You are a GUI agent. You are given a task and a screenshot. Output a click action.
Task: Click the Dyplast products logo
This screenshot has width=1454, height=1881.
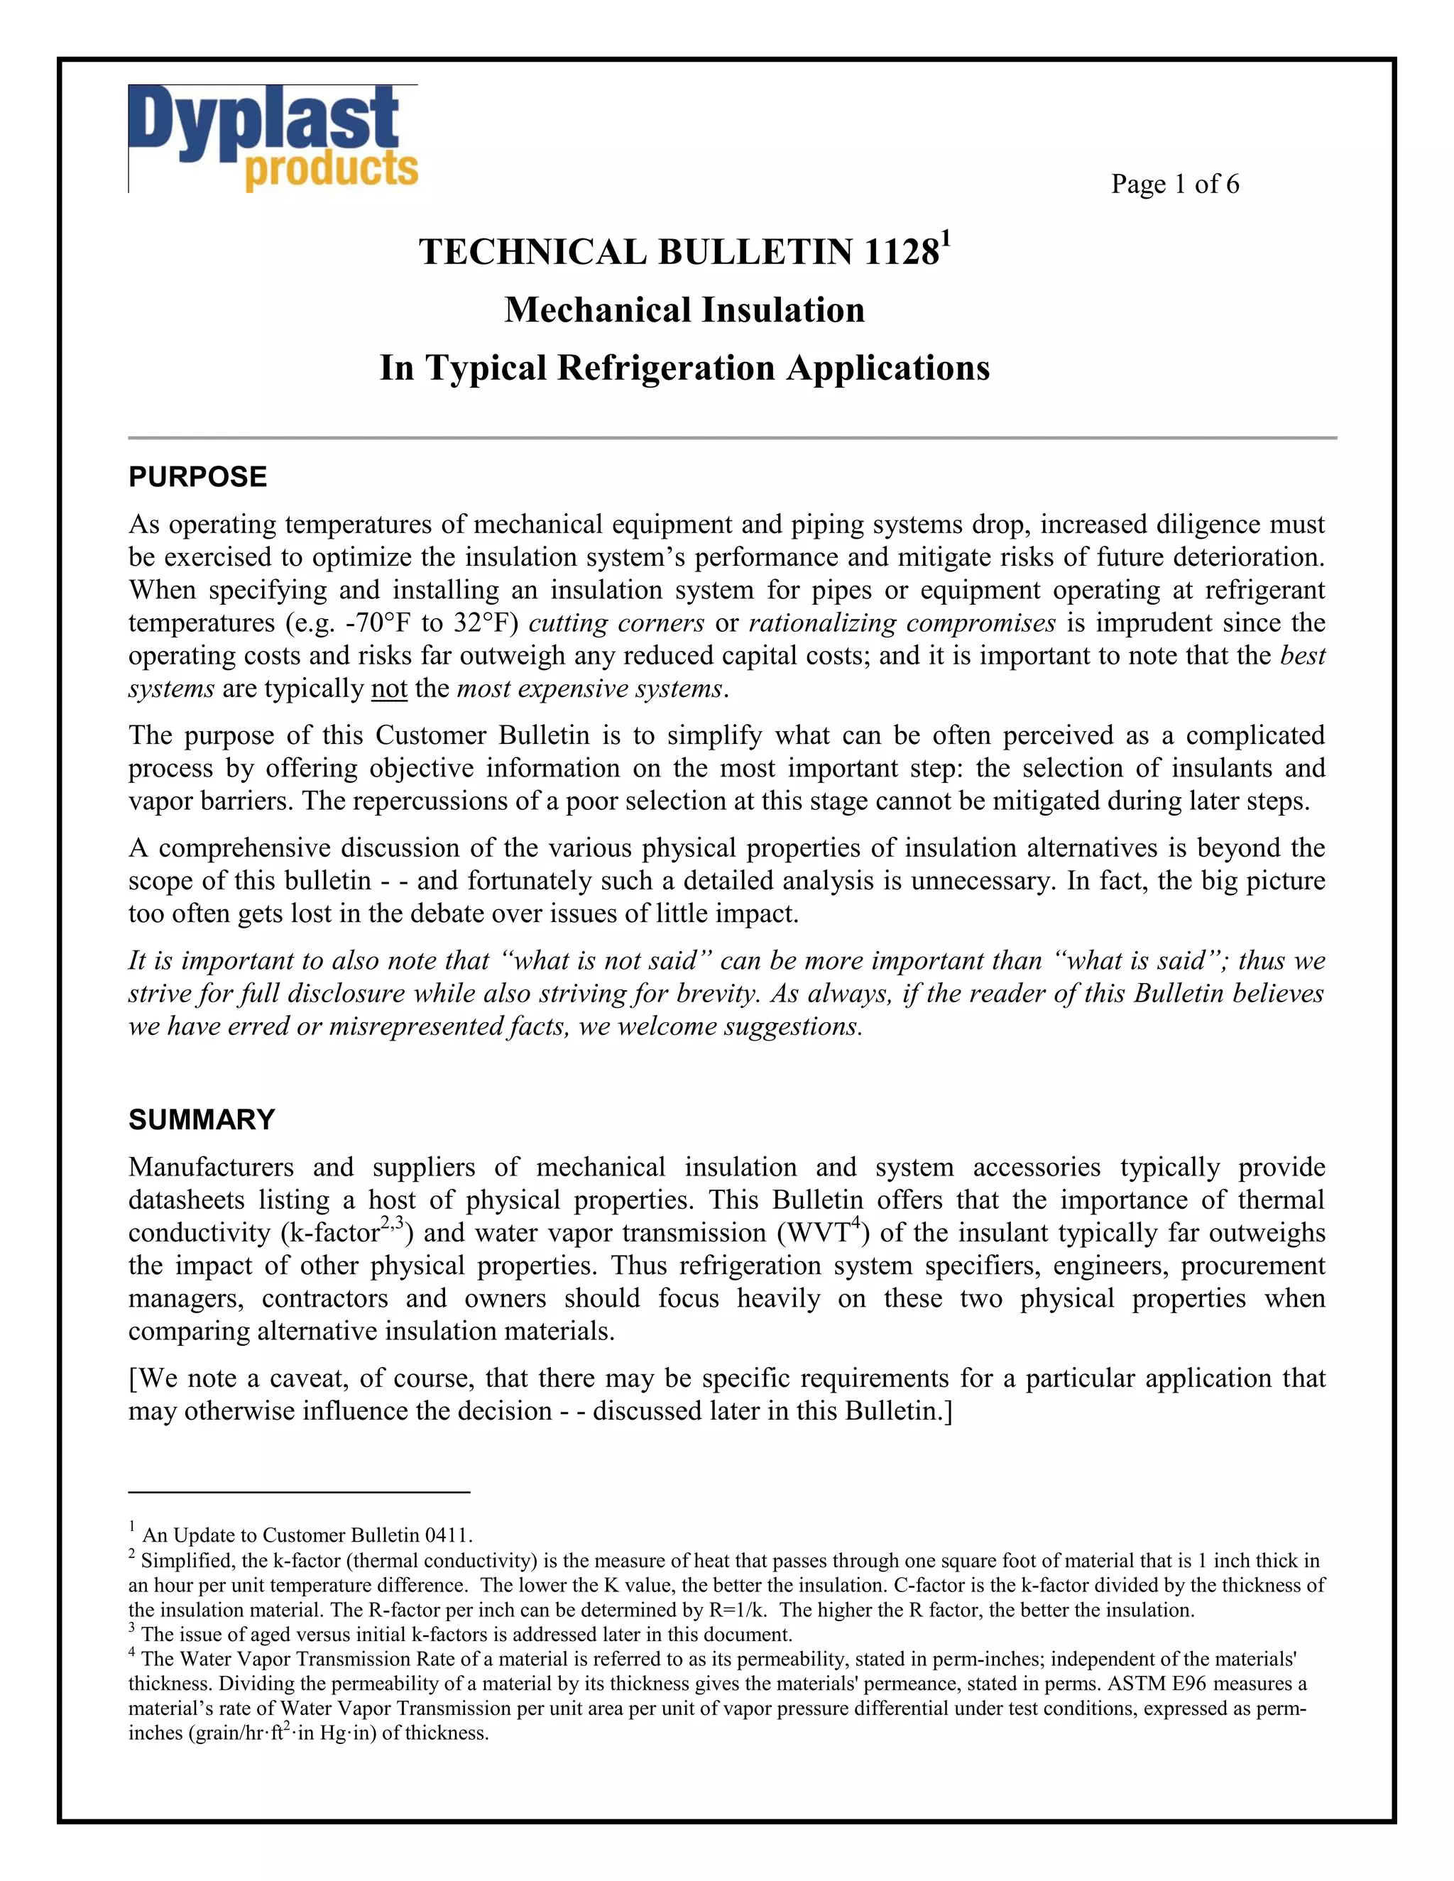[x=273, y=138]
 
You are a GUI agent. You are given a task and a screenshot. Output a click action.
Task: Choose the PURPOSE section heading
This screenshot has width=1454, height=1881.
[x=197, y=477]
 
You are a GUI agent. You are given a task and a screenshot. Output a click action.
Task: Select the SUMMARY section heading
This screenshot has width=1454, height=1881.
[x=202, y=1119]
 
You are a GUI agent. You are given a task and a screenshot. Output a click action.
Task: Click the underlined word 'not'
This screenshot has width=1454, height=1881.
[x=388, y=689]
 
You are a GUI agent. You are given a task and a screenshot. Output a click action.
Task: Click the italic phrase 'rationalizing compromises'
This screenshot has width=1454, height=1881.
[x=902, y=623]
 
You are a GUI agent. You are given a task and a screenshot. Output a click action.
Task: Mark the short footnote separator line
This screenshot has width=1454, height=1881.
[x=299, y=1491]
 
